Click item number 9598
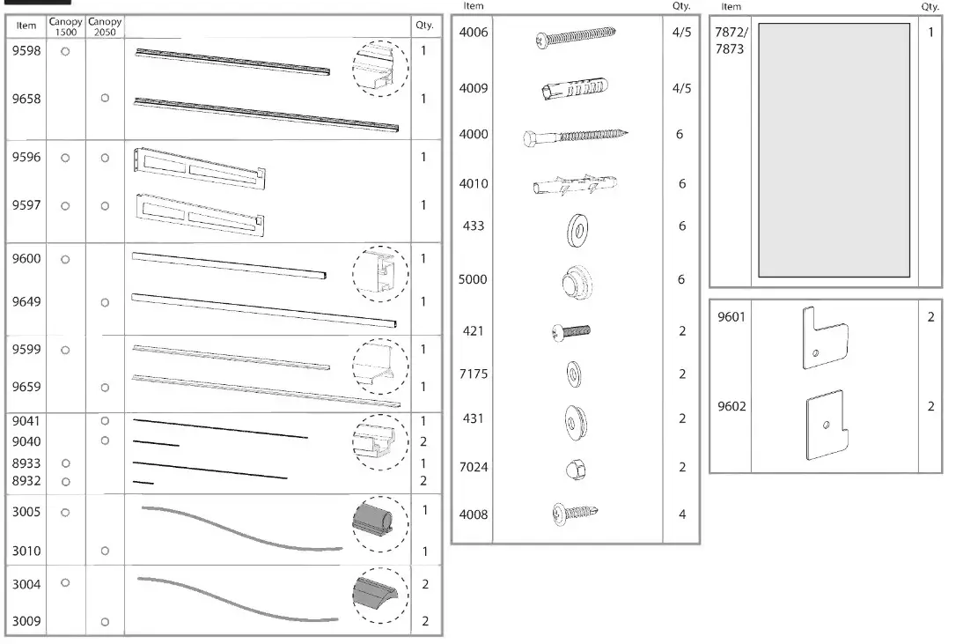tap(26, 52)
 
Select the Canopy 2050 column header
tap(105, 26)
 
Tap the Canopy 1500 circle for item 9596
tap(65, 158)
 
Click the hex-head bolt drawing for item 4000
tap(576, 136)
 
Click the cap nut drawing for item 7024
tap(576, 470)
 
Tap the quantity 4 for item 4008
tap(681, 514)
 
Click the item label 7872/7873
tap(730, 41)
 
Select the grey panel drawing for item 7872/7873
tap(834, 149)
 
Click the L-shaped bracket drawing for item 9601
tap(825, 338)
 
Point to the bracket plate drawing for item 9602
tap(826, 426)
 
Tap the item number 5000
tap(473, 280)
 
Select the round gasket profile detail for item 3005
tap(380, 523)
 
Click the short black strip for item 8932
tap(143, 482)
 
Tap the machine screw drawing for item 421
tap(570, 331)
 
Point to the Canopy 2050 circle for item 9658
tap(105, 99)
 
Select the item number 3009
tap(26, 621)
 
